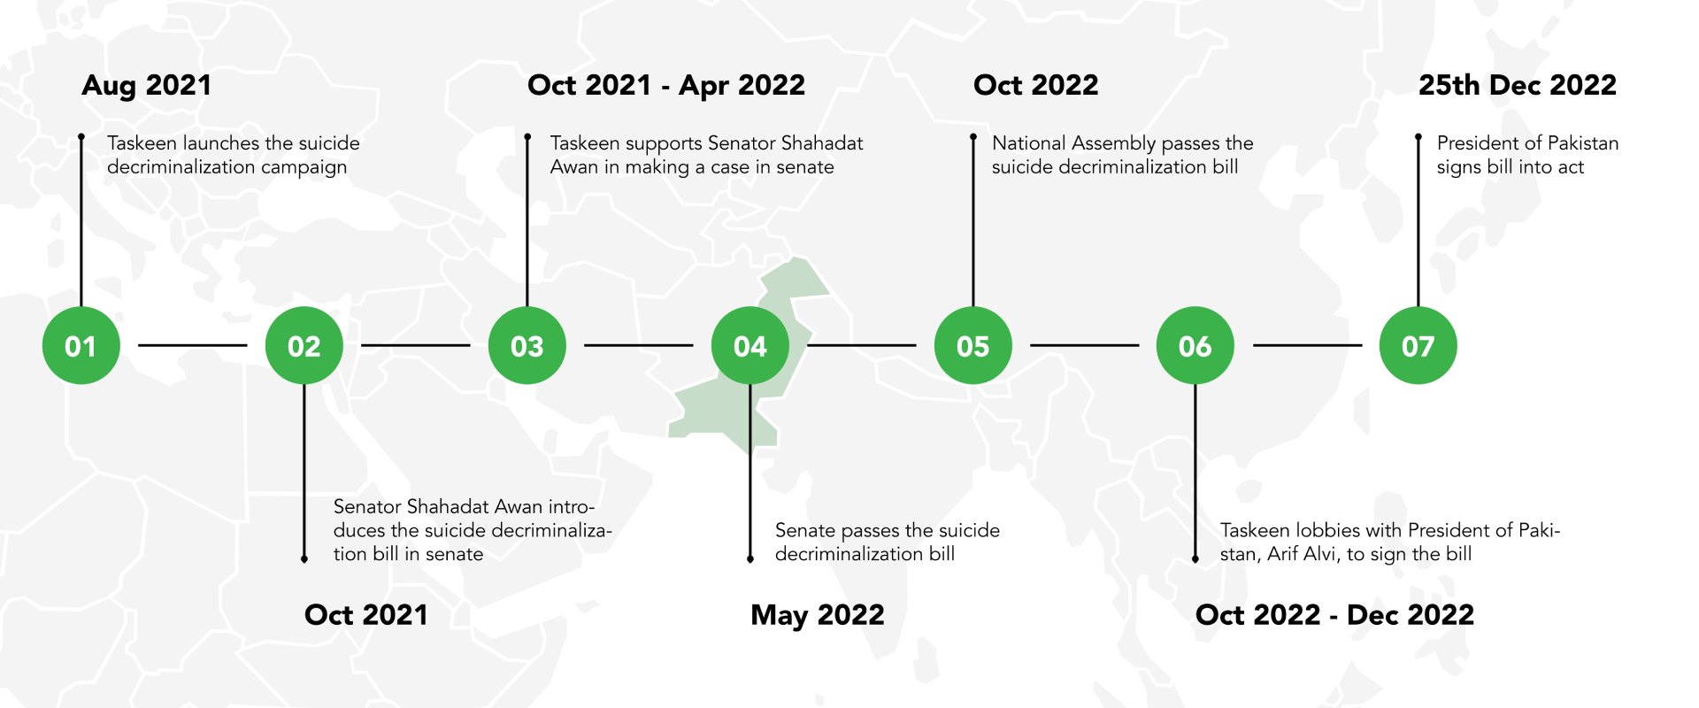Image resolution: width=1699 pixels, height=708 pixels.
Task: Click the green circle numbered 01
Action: point(81,345)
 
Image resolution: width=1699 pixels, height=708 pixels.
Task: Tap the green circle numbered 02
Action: point(304,345)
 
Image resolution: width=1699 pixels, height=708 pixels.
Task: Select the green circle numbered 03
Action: point(527,345)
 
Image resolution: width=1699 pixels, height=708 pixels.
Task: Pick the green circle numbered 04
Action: point(750,345)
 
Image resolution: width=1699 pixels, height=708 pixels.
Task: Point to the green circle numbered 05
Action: point(973,345)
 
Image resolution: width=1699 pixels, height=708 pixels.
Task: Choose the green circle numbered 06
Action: point(1195,345)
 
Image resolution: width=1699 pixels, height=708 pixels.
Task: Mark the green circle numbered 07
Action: point(1418,345)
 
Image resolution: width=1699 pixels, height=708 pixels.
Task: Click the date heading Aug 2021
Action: point(147,86)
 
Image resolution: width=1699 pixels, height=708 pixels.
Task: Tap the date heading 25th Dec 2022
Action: point(1518,85)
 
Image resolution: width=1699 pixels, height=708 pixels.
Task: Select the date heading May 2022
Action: point(818,616)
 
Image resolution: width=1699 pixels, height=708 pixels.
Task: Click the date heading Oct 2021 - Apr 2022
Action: point(666,86)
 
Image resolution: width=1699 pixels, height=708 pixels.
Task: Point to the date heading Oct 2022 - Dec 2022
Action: point(1334,615)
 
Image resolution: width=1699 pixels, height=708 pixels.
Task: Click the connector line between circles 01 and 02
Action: point(193,345)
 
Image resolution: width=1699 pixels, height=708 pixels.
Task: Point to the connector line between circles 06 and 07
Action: point(1307,345)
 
